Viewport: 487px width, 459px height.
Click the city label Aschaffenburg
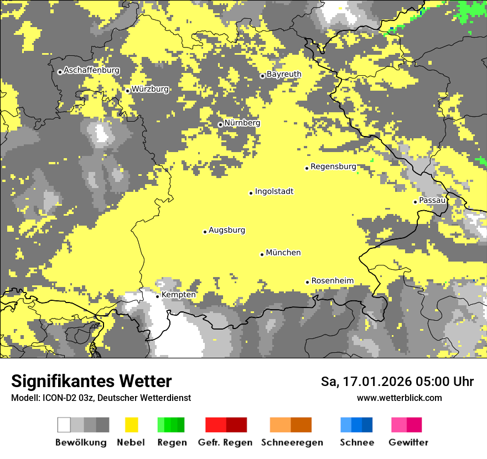(x=91, y=70)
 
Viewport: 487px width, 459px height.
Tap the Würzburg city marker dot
(x=127, y=91)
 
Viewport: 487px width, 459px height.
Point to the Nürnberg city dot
(x=220, y=124)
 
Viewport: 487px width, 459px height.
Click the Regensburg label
(x=333, y=166)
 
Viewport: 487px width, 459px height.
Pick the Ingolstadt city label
(x=274, y=191)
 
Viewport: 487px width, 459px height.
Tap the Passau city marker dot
(x=415, y=202)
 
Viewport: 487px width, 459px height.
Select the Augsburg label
(x=227, y=230)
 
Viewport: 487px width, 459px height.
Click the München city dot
(x=262, y=254)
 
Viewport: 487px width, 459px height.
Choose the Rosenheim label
(x=332, y=281)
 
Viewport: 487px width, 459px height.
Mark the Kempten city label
(x=178, y=295)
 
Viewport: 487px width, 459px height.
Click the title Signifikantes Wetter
(x=91, y=381)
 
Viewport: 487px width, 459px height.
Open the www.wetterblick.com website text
(x=399, y=398)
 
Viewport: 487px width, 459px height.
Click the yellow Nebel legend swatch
(x=131, y=425)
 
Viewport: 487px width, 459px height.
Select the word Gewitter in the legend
(x=408, y=442)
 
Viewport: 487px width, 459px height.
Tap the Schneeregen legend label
(x=292, y=442)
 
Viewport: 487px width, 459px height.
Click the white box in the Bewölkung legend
(x=64, y=425)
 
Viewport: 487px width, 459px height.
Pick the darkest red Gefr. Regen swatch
(x=236, y=425)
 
